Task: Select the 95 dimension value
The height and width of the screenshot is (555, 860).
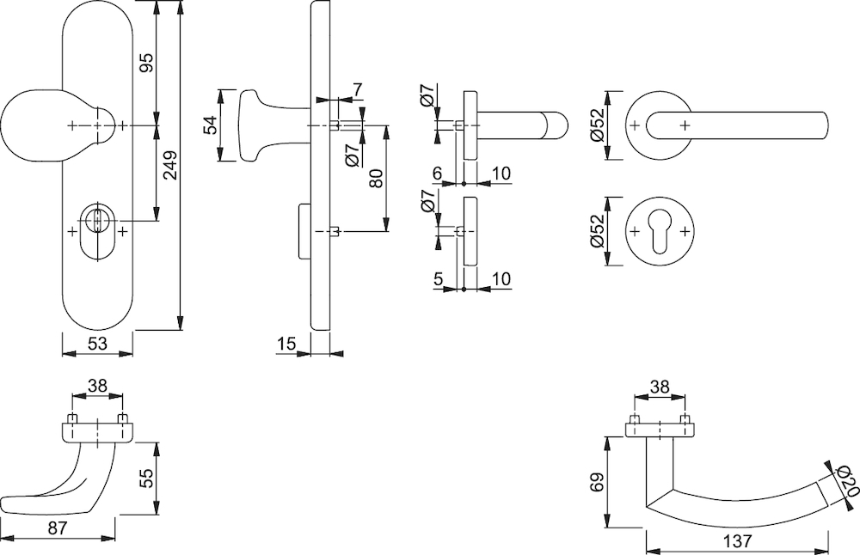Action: tap(146, 63)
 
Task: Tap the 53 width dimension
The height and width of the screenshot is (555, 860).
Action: tap(97, 344)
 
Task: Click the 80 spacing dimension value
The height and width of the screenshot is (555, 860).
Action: tap(376, 179)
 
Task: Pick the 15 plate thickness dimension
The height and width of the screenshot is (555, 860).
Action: tap(286, 344)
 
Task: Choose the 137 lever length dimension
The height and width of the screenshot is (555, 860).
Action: tap(737, 540)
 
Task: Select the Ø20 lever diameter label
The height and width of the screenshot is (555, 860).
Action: tap(845, 480)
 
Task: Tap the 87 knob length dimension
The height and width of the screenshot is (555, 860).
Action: tap(58, 528)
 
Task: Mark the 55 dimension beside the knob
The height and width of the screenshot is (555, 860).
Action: tap(146, 478)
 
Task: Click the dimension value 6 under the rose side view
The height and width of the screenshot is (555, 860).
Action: tap(437, 174)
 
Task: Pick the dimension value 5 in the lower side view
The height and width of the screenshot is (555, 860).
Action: tap(438, 279)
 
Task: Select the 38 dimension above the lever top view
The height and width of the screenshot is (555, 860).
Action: tap(660, 387)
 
